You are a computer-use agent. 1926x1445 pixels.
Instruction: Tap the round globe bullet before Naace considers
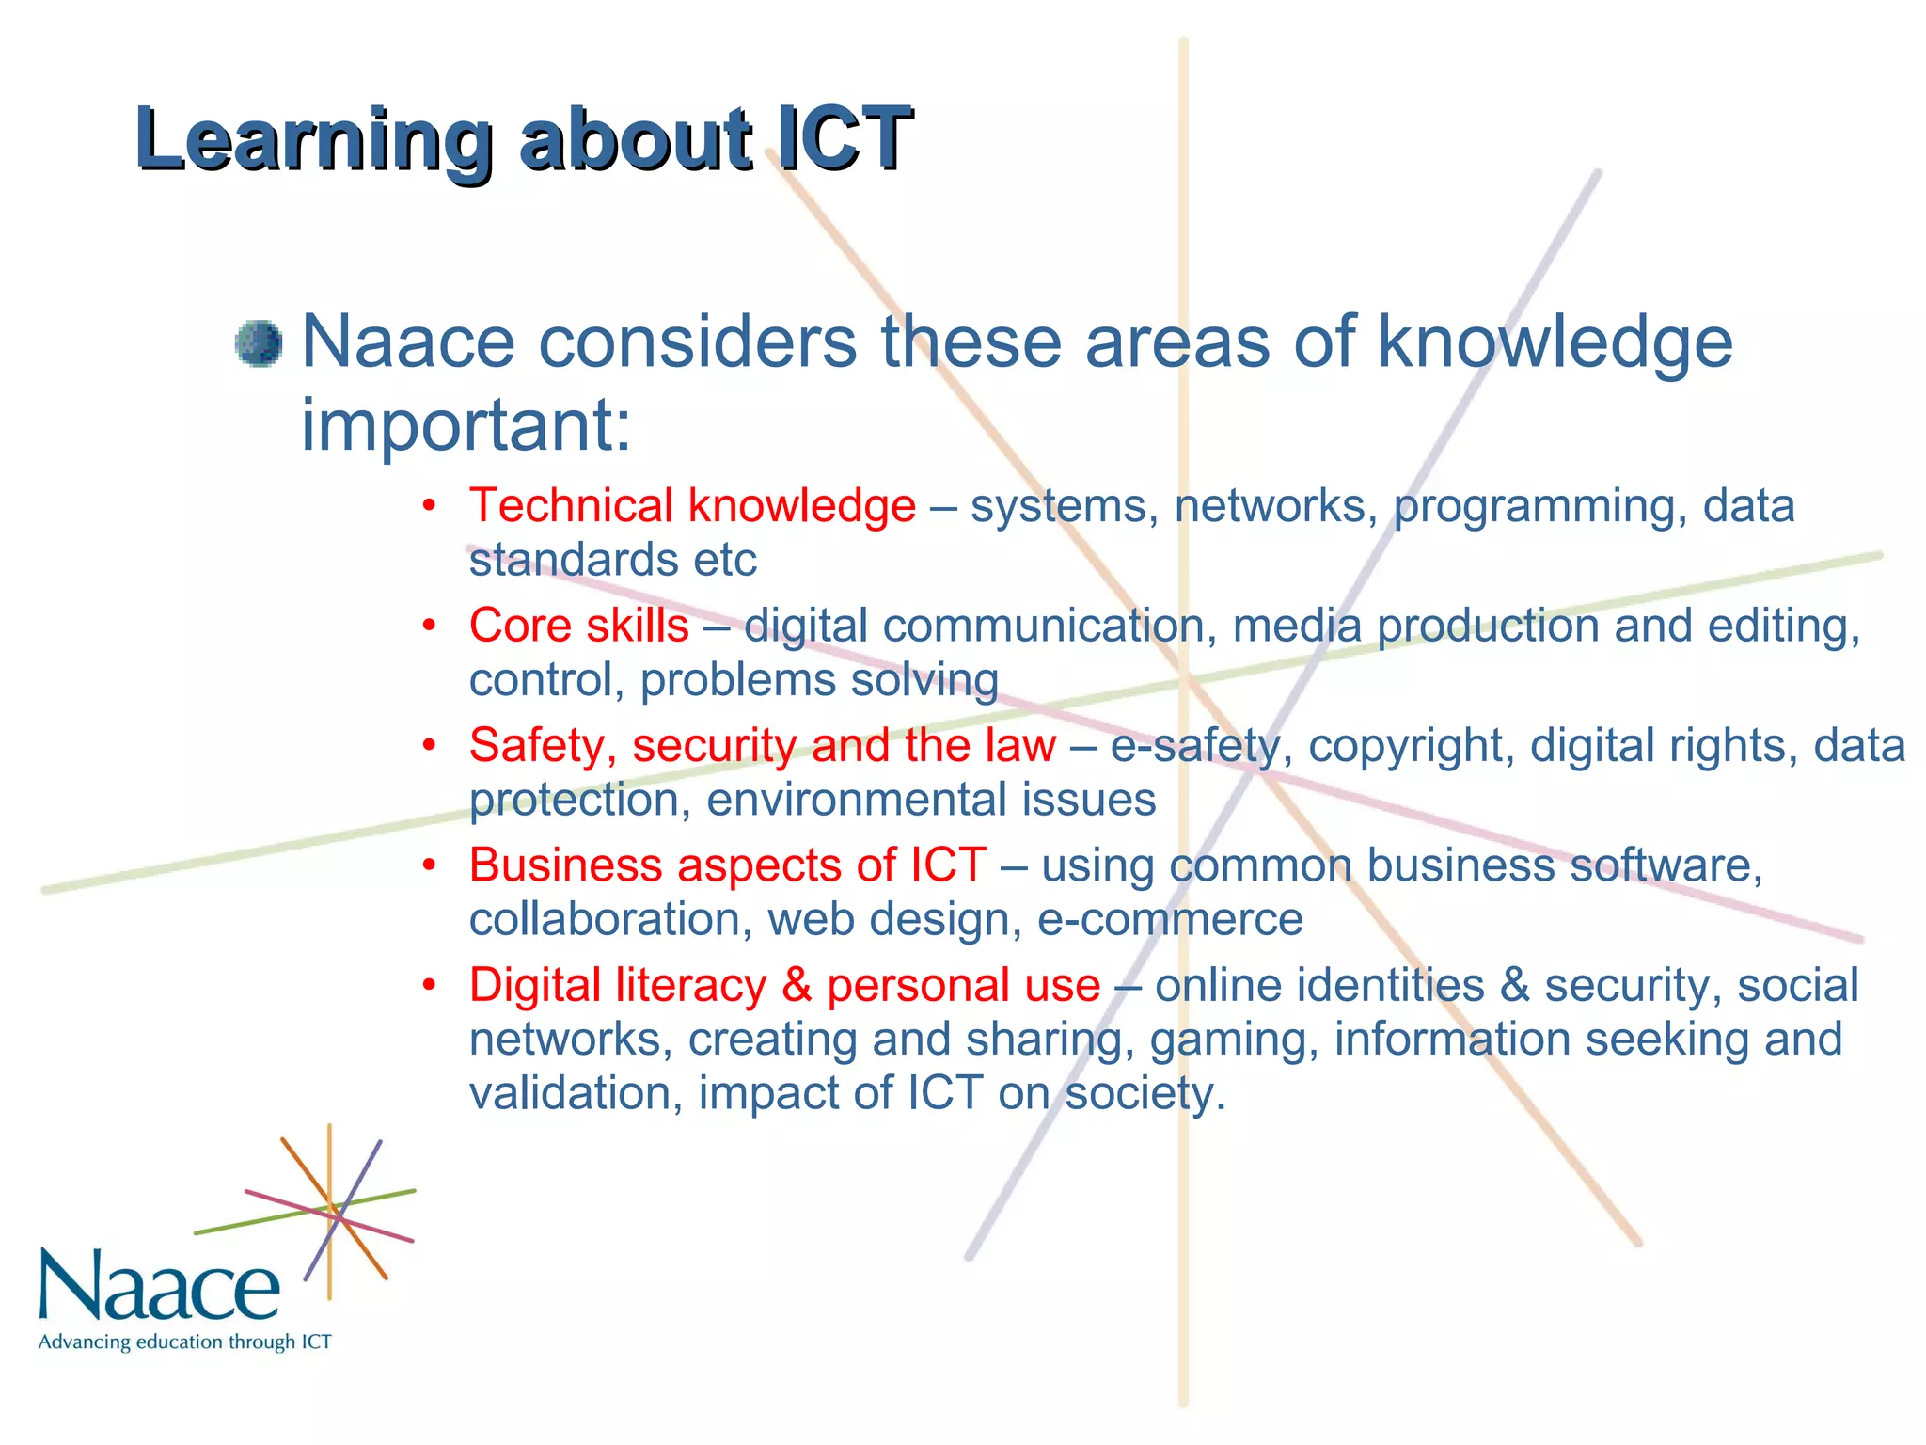(x=259, y=343)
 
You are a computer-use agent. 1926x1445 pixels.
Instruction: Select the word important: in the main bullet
(x=466, y=425)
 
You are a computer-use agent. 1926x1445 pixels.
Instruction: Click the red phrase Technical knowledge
(x=692, y=506)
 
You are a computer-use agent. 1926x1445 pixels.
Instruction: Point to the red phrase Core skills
(x=578, y=626)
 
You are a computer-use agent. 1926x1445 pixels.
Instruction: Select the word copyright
(x=1411, y=747)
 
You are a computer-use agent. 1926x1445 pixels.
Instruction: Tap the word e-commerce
(x=1170, y=919)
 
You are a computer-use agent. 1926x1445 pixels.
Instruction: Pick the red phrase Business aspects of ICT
(x=727, y=865)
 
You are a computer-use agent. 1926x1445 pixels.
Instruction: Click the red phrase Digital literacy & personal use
(x=784, y=986)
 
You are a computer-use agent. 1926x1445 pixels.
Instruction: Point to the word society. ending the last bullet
(x=1145, y=1094)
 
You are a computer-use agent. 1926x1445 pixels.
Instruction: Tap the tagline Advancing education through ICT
(x=184, y=1342)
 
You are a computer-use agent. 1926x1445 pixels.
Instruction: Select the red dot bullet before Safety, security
(x=429, y=746)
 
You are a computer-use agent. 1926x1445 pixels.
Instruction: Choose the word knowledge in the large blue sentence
(x=1555, y=343)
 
